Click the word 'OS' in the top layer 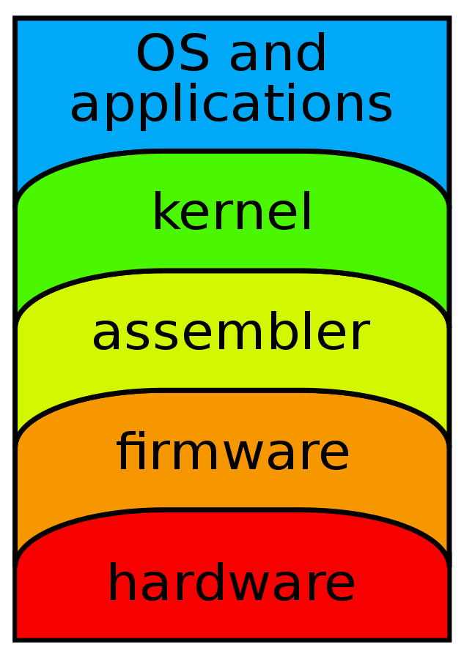coord(173,55)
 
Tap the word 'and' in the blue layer coord(278,55)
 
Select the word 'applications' coord(231,105)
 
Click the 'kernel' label coord(232,214)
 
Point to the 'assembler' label coord(230,334)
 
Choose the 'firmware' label coord(232,453)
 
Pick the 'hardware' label coord(232,584)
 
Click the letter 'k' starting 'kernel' coord(163,213)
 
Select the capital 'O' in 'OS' coord(155,55)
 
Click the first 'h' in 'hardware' coord(120,583)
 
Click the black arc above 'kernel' coord(232,152)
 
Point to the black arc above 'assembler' coord(232,271)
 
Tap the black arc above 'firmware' coord(232,390)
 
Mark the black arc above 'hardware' coord(232,509)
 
